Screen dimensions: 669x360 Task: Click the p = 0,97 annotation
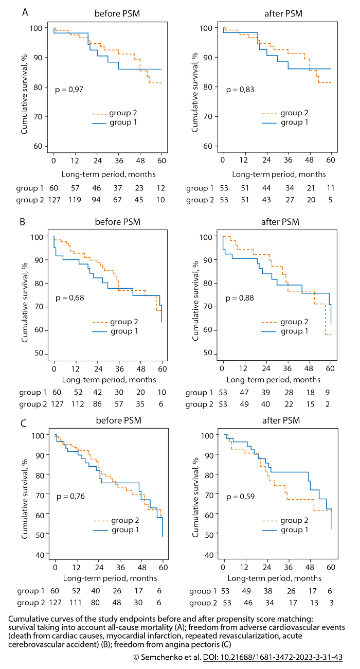(x=69, y=90)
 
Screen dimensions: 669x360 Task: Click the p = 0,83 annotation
(x=240, y=90)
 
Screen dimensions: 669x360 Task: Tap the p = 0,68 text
(x=69, y=297)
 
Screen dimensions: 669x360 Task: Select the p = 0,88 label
(x=240, y=297)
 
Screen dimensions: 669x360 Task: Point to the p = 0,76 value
(x=70, y=496)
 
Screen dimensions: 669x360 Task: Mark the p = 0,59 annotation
(x=240, y=496)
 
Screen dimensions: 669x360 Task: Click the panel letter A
(x=25, y=11)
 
